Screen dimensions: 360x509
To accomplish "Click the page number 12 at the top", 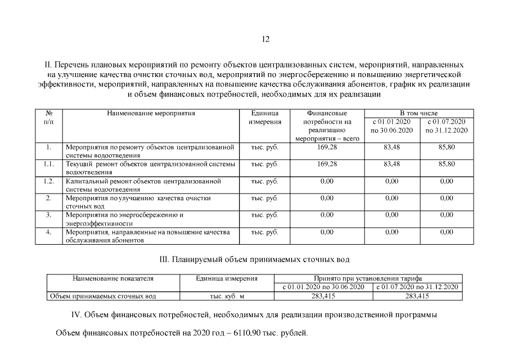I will point(265,39).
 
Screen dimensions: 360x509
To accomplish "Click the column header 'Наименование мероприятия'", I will point(151,113).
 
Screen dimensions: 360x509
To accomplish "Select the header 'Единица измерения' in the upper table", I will point(264,117).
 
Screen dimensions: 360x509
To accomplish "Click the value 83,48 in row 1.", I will point(391,147).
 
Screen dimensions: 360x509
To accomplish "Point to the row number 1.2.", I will point(48,181).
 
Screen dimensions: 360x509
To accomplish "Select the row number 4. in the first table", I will point(48,232).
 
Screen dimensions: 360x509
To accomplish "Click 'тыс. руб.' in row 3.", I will point(264,215).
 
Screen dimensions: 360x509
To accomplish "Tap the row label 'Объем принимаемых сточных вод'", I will point(103,296).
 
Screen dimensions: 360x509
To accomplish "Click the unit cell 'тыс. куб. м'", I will point(227,296).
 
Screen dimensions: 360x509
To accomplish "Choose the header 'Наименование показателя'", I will point(113,278).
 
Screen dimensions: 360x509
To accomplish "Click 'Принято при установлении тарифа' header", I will point(368,278).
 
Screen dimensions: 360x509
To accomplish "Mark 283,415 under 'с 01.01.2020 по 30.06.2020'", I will point(323,296).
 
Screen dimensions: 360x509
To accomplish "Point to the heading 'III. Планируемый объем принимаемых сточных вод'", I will point(255,260).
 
